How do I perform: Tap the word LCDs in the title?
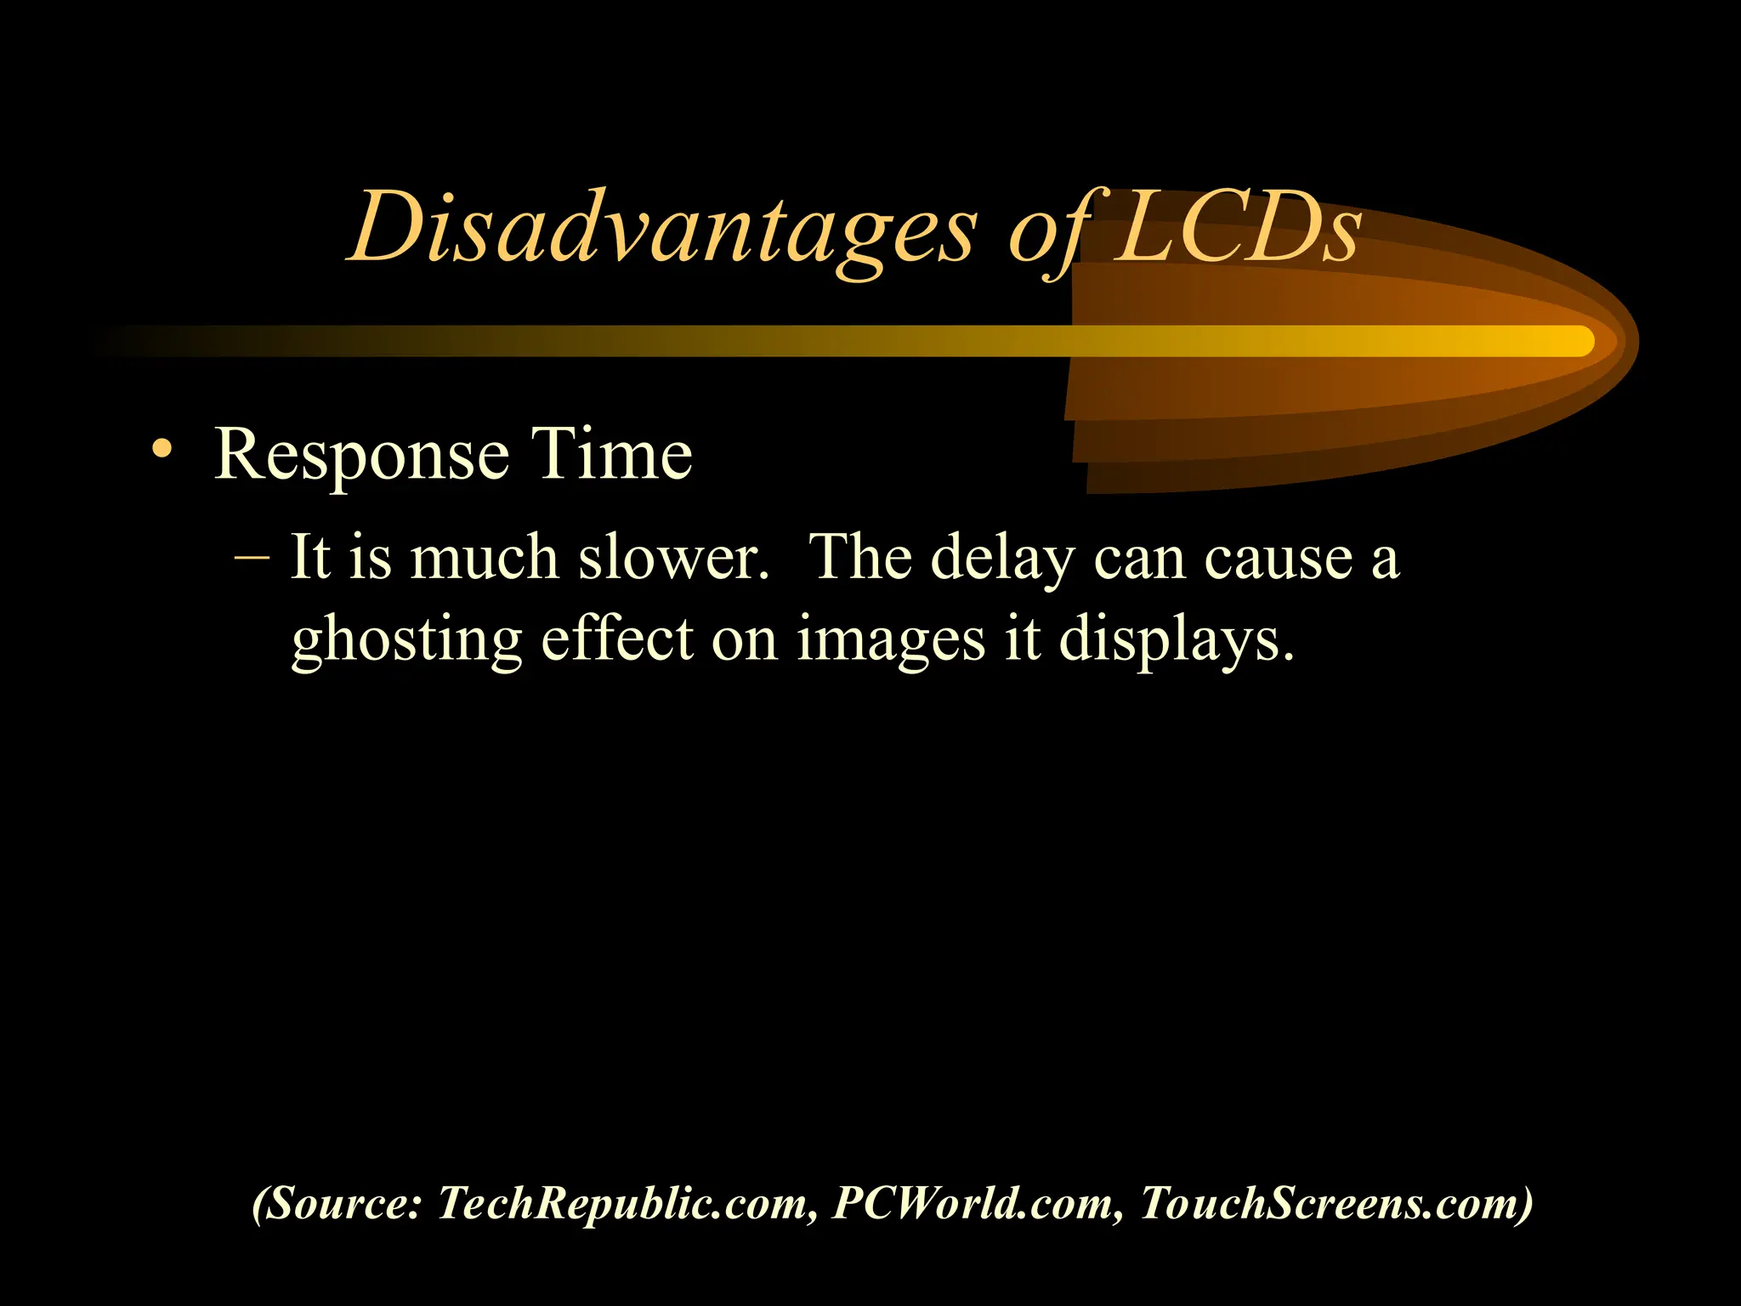1237,228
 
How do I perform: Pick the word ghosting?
406,640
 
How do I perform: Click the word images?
891,640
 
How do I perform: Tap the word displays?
1177,640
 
